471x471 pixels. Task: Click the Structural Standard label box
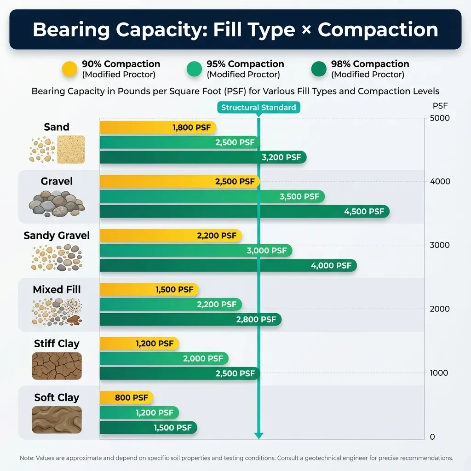click(x=258, y=108)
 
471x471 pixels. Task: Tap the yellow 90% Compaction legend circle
click(x=70, y=69)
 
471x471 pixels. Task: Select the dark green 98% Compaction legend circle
click(x=319, y=69)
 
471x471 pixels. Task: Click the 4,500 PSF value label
click(x=364, y=212)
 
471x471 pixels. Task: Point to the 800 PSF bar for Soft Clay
click(x=126, y=397)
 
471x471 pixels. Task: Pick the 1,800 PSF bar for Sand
click(x=158, y=127)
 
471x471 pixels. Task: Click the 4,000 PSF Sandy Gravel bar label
click(x=331, y=265)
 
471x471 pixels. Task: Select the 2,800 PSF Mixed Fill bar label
click(x=256, y=319)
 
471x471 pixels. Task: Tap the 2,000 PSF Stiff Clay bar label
click(x=203, y=358)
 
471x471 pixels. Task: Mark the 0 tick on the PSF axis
click(x=432, y=437)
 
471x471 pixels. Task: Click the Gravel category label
click(x=57, y=181)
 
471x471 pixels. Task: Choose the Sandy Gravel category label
click(x=57, y=235)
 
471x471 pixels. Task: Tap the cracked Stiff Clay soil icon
click(x=57, y=366)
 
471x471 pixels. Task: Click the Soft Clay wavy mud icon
click(x=57, y=419)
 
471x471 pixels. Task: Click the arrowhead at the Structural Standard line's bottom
click(x=259, y=435)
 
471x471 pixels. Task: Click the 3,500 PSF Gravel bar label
click(x=299, y=197)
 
